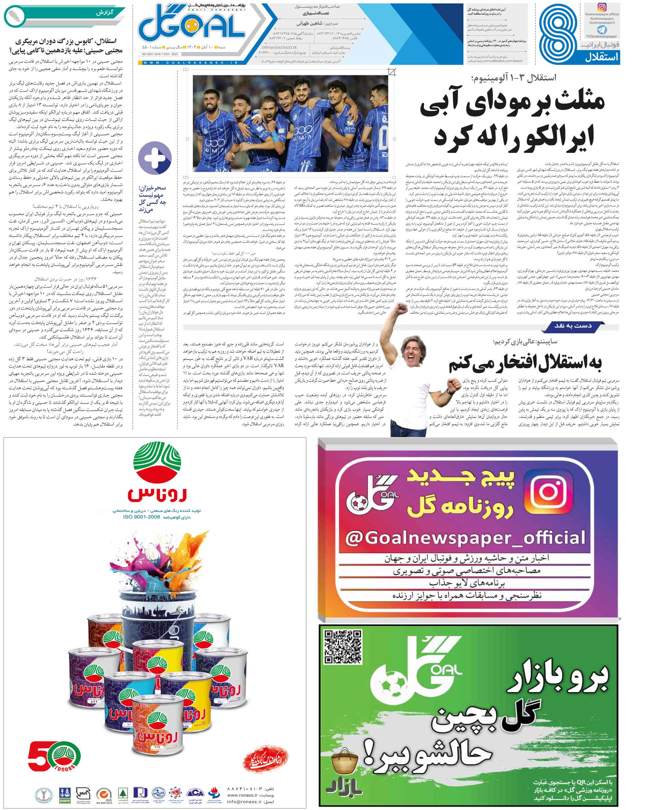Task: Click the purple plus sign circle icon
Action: pyautogui.click(x=155, y=157)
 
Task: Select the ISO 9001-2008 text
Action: pyautogui.click(x=141, y=517)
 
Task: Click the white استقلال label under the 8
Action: pyautogui.click(x=601, y=57)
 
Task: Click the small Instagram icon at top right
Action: pyautogui.click(x=602, y=8)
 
